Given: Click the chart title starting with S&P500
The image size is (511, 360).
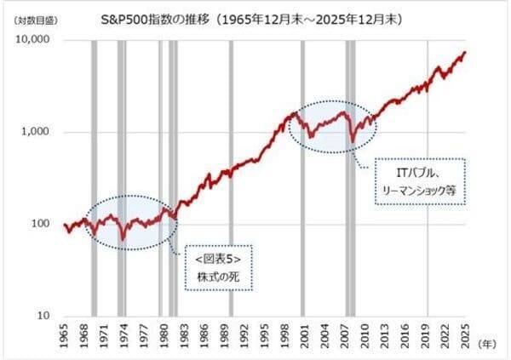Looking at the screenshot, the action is (x=251, y=20).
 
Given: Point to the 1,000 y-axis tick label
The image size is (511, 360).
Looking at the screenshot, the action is (x=35, y=131).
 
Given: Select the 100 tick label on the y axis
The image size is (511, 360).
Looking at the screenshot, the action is (x=40, y=224).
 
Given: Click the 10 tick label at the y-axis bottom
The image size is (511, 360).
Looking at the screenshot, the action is (x=43, y=316).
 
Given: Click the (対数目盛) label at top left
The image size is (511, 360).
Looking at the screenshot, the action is (x=36, y=20).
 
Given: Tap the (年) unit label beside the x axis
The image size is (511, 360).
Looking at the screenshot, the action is (x=487, y=344).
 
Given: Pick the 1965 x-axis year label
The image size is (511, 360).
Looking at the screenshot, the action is (x=64, y=336).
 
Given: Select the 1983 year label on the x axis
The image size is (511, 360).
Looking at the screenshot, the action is (x=184, y=336).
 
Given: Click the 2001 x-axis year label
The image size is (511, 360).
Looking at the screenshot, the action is (x=305, y=336).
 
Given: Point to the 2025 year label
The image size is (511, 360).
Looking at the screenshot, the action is (x=465, y=336).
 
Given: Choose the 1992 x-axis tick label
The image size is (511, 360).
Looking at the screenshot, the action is (x=244, y=336).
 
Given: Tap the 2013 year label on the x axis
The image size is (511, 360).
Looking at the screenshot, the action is (x=385, y=336).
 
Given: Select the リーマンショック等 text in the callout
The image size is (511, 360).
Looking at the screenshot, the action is (x=419, y=191).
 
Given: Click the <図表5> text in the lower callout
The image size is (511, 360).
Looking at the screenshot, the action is (x=218, y=260).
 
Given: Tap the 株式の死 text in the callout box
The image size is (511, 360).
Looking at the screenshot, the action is (x=218, y=277).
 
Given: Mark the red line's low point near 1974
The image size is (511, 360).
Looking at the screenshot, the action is (x=123, y=240).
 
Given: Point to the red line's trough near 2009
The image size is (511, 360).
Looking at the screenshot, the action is (x=353, y=142).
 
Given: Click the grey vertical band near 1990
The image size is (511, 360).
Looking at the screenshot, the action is (x=231, y=178).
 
